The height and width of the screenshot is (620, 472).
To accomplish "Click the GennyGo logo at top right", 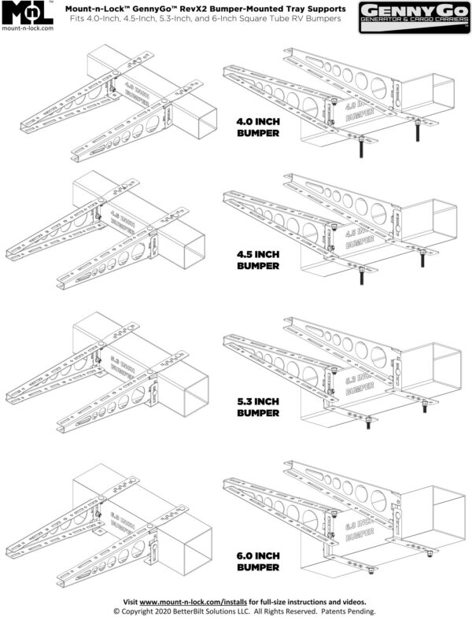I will click(413, 17).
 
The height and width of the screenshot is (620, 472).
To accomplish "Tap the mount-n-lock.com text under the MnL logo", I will click(28, 27).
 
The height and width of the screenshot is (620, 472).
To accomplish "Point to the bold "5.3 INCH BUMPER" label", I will click(258, 406).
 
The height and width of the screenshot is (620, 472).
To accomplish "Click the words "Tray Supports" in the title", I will click(308, 8).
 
